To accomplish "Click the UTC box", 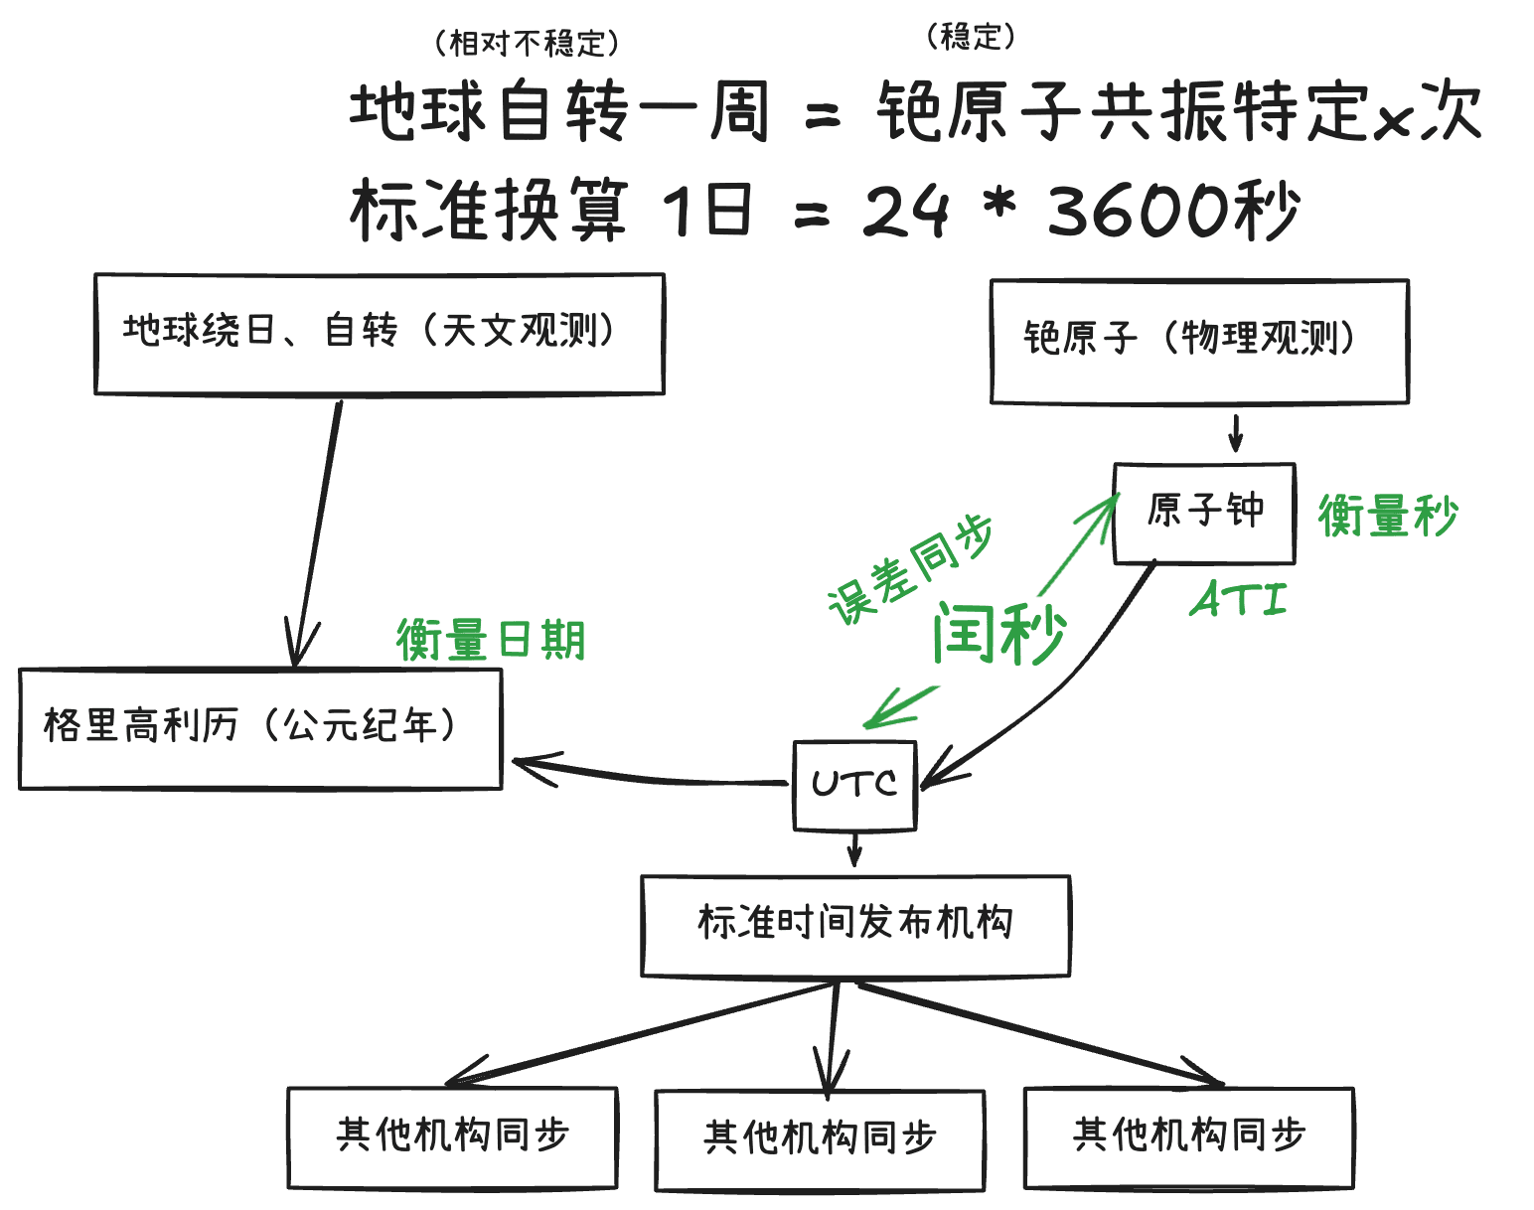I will pyautogui.click(x=853, y=785).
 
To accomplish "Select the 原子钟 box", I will pyautogui.click(x=1204, y=513).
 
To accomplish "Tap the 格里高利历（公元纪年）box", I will pyautogui.click(x=260, y=729).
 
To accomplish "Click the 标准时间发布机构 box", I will pyautogui.click(x=855, y=925).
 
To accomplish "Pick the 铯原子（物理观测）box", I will pyautogui.click(x=1199, y=341).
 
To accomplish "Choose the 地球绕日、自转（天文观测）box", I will pyautogui.click(x=379, y=334).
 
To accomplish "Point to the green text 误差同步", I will pyautogui.click(x=910, y=569).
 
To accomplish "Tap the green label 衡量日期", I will pyautogui.click(x=491, y=640).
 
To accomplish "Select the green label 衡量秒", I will pyautogui.click(x=1387, y=517).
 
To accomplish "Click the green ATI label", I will pyautogui.click(x=1239, y=600).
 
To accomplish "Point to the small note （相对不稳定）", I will pyautogui.click(x=527, y=43).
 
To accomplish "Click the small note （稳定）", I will pyautogui.click(x=971, y=37).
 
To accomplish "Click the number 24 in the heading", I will pyautogui.click(x=905, y=211).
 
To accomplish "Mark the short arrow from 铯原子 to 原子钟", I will pyautogui.click(x=1236, y=433).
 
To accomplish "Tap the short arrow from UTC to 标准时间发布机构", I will pyautogui.click(x=854, y=850).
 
